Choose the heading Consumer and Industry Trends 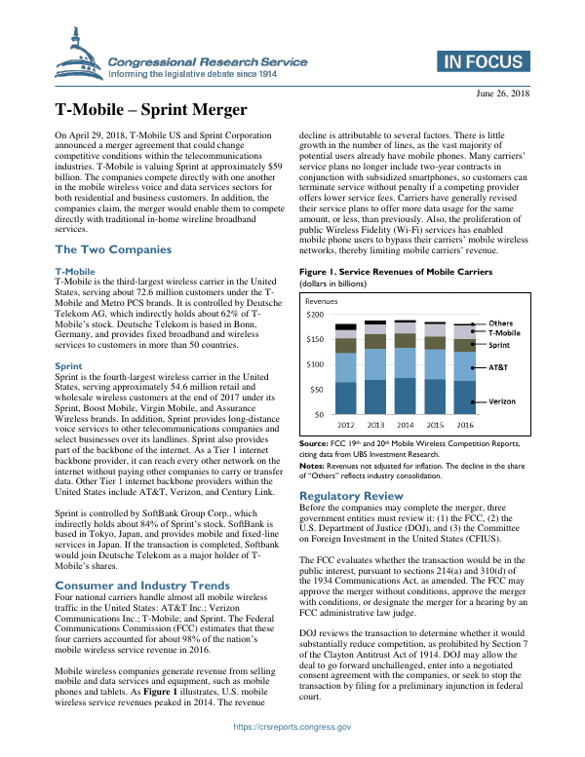[x=142, y=586]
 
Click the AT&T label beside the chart [x=499, y=368]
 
